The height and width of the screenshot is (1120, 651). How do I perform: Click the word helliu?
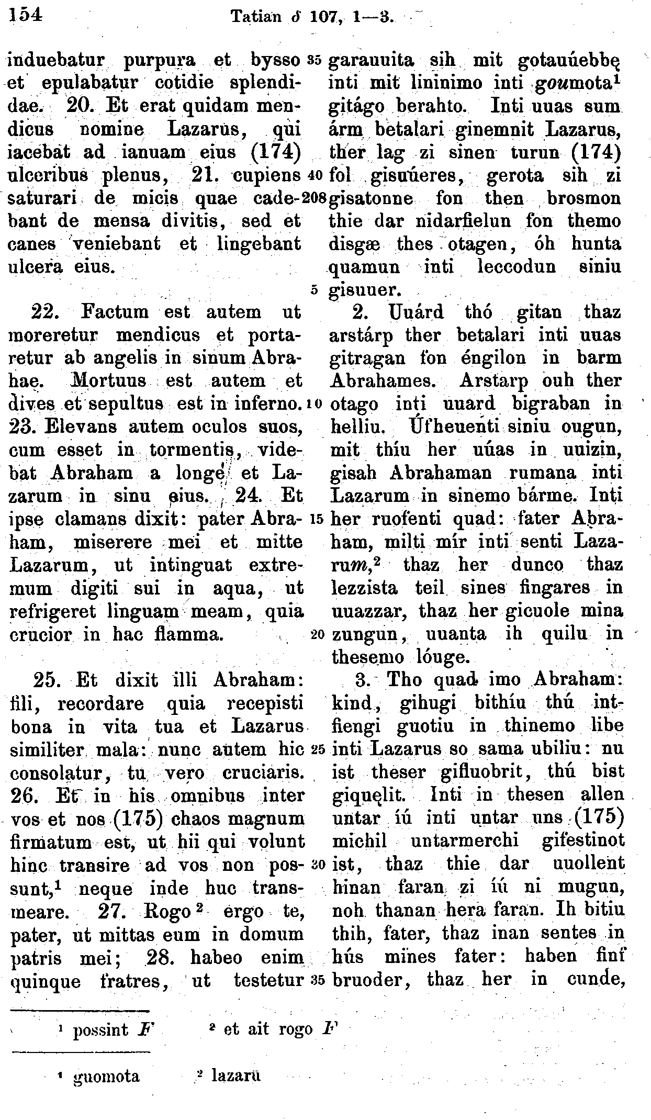[358, 428]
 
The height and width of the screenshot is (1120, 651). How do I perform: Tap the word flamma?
[190, 635]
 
